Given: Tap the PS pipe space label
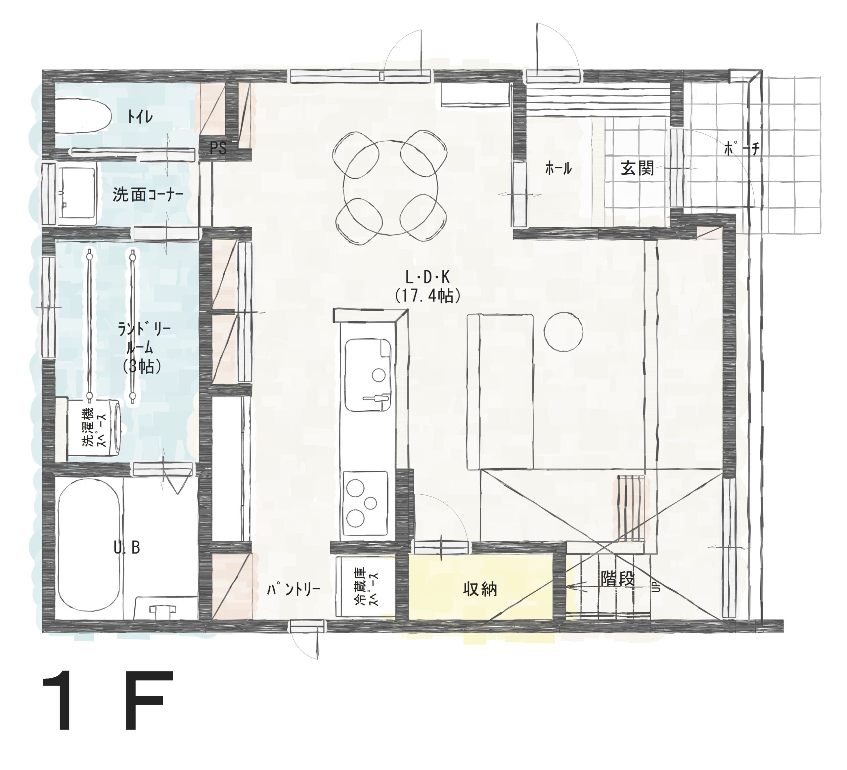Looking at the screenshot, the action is coord(218,148).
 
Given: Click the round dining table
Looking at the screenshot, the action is coord(391,187).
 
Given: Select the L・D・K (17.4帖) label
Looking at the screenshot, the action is coord(428,287).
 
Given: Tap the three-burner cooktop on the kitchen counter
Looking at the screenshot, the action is coord(365,503).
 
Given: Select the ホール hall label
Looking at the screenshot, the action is coord(558,169).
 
